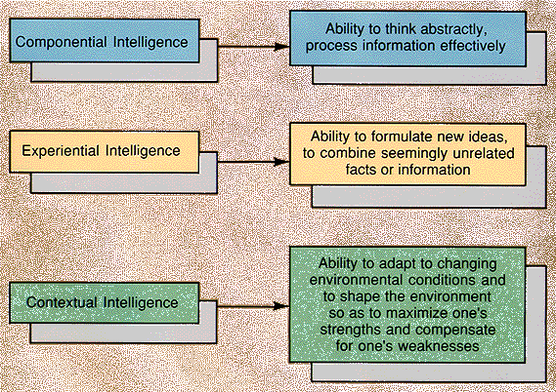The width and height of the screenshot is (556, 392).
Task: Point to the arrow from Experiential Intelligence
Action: coord(245,153)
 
